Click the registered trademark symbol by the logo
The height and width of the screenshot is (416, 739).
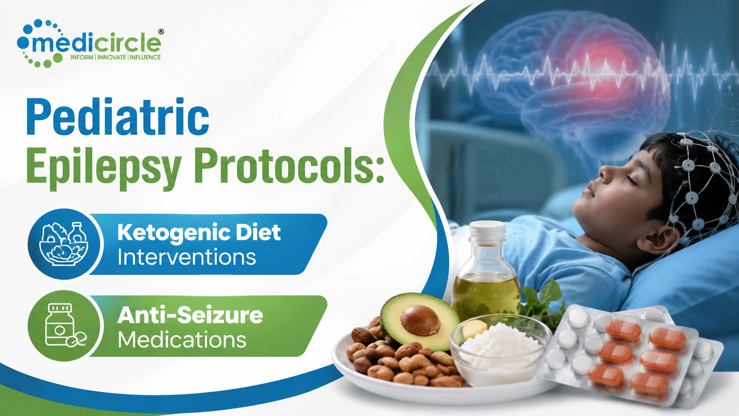161,32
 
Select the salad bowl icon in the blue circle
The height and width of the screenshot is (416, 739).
64,244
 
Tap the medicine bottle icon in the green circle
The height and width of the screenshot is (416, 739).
65,325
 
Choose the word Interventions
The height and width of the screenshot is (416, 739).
187,257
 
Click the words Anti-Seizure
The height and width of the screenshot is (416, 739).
190,315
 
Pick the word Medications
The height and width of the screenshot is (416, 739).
182,340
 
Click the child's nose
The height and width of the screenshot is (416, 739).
606,172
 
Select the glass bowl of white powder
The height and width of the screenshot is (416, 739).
500,350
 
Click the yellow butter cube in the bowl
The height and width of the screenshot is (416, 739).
475,329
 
